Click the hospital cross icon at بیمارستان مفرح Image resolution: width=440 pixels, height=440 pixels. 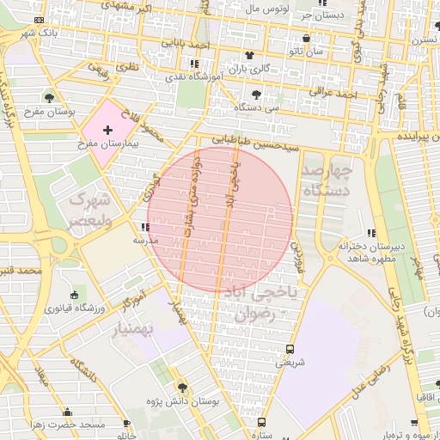(x=107, y=131)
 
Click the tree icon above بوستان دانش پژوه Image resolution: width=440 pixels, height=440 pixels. (x=181, y=388)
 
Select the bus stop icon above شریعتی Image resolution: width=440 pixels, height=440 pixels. (x=290, y=350)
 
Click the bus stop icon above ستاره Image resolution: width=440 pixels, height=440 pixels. (x=261, y=422)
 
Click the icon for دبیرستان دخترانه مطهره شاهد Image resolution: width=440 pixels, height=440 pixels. (x=370, y=233)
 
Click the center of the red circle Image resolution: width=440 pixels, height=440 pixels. (x=220, y=220)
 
